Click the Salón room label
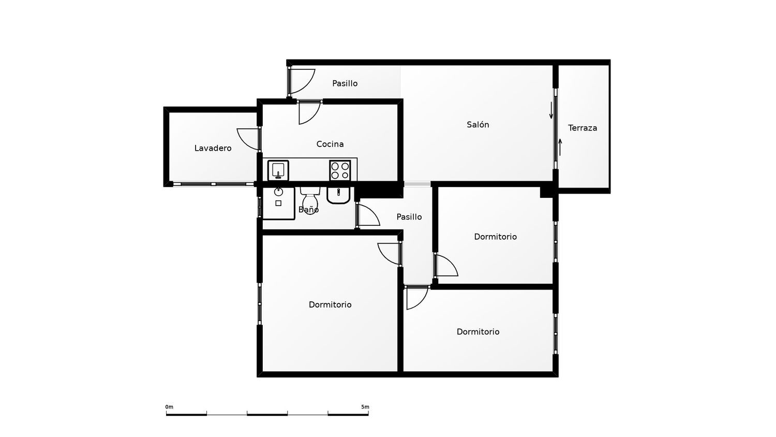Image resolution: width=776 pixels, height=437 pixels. pos(477,124)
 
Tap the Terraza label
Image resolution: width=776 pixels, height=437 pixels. pos(583,128)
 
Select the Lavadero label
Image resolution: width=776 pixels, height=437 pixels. pos(213,148)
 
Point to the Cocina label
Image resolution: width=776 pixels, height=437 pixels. pos(330,144)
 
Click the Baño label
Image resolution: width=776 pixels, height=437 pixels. pos(308,210)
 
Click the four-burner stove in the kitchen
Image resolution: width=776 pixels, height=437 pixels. pos(340,171)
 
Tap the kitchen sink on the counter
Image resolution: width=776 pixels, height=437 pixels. pos(278,171)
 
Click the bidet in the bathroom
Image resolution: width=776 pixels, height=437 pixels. pos(338,195)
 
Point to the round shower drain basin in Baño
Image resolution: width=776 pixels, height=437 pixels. pos(278,192)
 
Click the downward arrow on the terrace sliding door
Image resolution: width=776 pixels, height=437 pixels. pos(551,110)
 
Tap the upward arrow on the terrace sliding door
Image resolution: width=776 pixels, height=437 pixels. pos(560,148)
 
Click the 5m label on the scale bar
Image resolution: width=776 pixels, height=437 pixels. pos(365,407)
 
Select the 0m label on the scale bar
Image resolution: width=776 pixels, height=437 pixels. pos(169,407)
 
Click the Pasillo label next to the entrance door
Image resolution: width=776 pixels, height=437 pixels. pos(345,83)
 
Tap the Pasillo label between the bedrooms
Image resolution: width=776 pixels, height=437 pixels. pos(409,217)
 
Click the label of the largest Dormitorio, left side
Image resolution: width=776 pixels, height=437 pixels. pos(330,304)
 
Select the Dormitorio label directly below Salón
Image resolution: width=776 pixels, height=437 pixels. pos(496,237)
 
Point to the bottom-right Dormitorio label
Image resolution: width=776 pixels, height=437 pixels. pos(478,331)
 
